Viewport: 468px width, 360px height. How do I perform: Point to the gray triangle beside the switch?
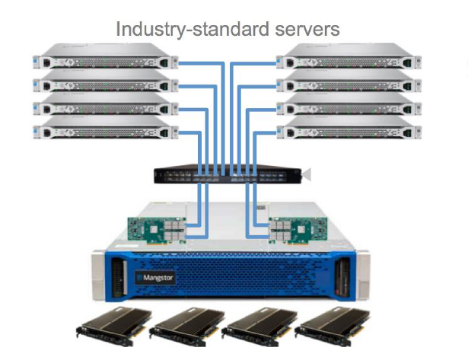(x=307, y=176)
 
